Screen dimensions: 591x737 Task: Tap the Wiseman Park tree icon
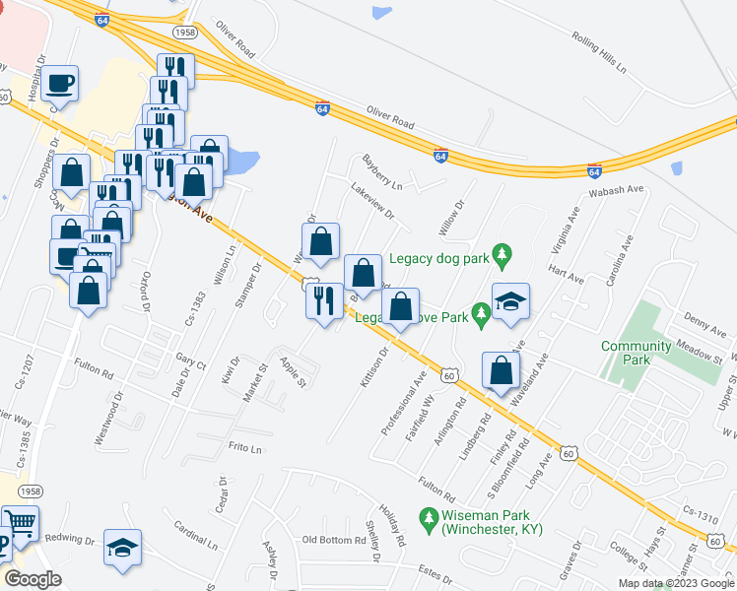(x=429, y=515)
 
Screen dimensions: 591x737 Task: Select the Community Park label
(x=636, y=354)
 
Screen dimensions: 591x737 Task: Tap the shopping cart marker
(x=20, y=522)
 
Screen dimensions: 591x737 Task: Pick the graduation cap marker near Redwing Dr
(x=122, y=548)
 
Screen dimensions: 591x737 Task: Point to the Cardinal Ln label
(x=195, y=534)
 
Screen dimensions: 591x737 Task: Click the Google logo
(x=33, y=579)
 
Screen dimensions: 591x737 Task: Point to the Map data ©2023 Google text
(x=675, y=583)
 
